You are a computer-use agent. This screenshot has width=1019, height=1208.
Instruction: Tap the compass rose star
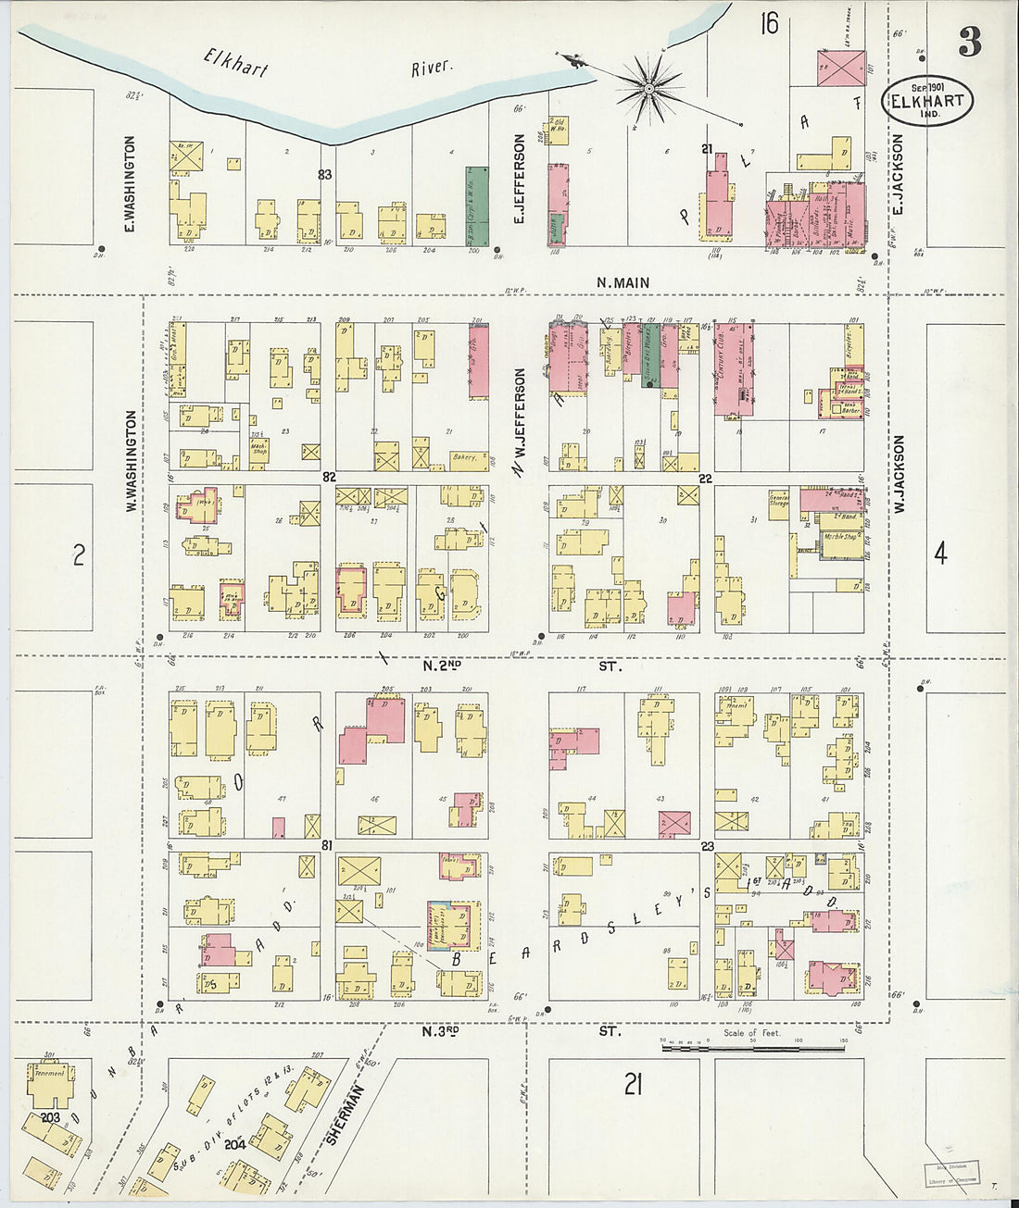tap(649, 88)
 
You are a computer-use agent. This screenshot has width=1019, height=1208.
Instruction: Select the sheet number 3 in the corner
tap(969, 43)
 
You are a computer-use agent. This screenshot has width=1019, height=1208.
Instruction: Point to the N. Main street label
tap(623, 282)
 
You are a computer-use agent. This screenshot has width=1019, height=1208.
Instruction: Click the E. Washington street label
tap(130, 184)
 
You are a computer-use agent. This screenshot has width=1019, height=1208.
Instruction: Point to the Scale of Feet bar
tap(752, 1049)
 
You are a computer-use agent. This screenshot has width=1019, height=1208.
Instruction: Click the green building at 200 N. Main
tap(476, 205)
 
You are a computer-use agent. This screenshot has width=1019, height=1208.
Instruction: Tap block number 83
tap(324, 174)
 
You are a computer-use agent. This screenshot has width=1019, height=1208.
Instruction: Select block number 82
tap(328, 476)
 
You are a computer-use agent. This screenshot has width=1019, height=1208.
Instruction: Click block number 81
tap(326, 845)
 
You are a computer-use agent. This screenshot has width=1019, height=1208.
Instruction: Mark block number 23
tap(708, 845)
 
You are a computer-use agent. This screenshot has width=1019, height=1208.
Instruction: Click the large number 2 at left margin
tap(79, 554)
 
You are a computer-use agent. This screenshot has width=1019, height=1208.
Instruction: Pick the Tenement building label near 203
tap(48, 1073)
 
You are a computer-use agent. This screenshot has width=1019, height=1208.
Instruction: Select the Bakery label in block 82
tap(464, 456)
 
